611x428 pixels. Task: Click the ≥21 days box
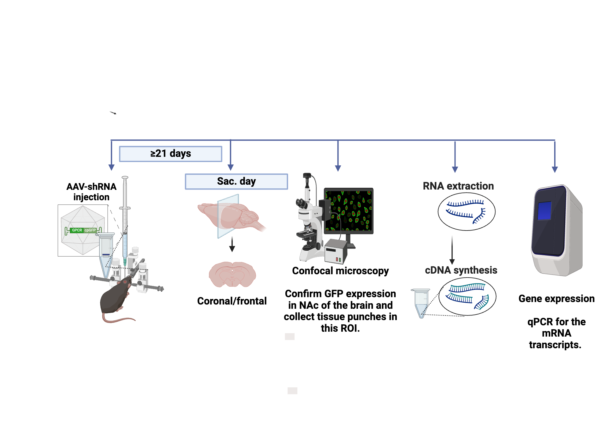[170, 154]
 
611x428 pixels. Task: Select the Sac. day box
[236, 182]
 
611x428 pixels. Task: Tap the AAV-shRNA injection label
[91, 192]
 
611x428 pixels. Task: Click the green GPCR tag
[77, 230]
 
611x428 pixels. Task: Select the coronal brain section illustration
[232, 274]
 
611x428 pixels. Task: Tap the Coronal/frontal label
[232, 301]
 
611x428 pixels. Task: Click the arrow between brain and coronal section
[232, 244]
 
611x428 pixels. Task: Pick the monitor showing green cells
[349, 211]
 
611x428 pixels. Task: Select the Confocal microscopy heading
[340, 271]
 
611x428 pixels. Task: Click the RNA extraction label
[458, 186]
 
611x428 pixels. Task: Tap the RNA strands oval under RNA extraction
[466, 212]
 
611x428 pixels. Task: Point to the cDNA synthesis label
[461, 270]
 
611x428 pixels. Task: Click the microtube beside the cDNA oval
[421, 303]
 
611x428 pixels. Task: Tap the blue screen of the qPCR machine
[544, 210]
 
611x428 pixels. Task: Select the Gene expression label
[556, 299]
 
